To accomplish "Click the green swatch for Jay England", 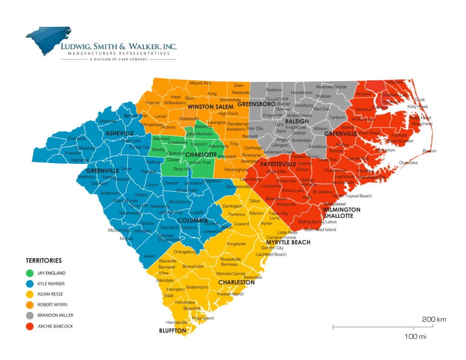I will pos(30,274).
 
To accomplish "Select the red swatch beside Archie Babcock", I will pos(30,326).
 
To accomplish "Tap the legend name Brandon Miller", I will pos(55,315).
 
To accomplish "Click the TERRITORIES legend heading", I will pos(44,261).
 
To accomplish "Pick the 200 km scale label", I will pos(434,319).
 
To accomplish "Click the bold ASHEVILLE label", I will pos(120,133).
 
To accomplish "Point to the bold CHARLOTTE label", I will pos(201,154).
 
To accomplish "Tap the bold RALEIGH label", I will pos(297,122).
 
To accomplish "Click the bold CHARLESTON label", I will pos(236,283).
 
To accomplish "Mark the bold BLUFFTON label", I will pos(172,331).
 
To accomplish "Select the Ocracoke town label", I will pos(408,162).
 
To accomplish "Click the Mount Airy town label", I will pos(200,83).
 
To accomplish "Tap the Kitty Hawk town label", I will pos(417,106).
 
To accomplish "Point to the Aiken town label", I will pos(150,256).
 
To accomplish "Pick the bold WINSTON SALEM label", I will pos(204,107).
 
